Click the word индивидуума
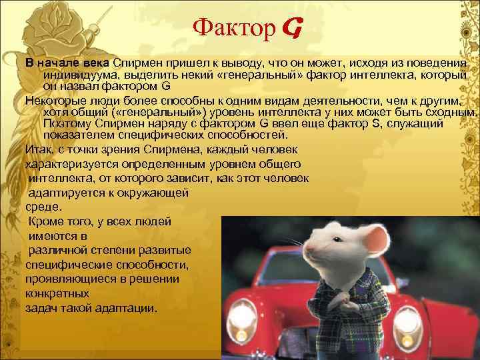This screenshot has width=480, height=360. point(73,74)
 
